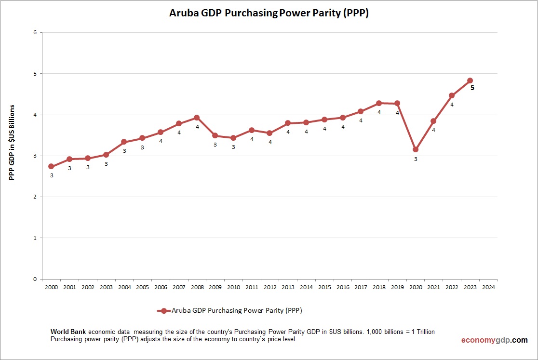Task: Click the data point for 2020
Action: (x=416, y=149)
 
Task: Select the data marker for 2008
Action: (x=197, y=118)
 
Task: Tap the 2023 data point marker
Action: (x=470, y=80)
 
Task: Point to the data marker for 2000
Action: (x=51, y=166)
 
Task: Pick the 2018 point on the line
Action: (x=379, y=103)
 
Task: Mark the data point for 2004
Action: (x=124, y=142)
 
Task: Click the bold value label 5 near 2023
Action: (x=472, y=88)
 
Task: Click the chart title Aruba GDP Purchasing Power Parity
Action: (x=269, y=13)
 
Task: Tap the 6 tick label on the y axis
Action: (x=35, y=33)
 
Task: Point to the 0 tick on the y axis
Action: (x=35, y=279)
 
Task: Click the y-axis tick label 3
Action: (x=35, y=156)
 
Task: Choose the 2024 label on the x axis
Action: (x=488, y=287)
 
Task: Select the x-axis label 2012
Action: (x=270, y=287)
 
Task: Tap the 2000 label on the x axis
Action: (x=51, y=287)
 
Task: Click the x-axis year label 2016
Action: (x=343, y=287)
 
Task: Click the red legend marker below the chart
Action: (x=164, y=311)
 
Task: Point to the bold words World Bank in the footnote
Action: (x=68, y=332)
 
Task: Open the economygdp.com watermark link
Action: (x=494, y=340)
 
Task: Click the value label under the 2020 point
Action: (x=416, y=159)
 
